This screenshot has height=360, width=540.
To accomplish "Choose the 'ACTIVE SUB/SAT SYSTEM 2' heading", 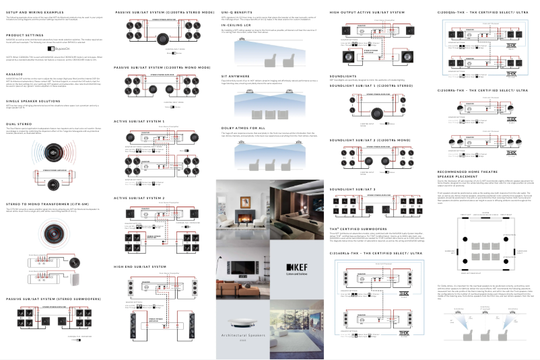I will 139,198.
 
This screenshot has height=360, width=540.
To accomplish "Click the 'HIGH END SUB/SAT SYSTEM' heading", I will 139,266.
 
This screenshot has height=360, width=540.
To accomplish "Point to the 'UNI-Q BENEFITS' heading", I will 238,12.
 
